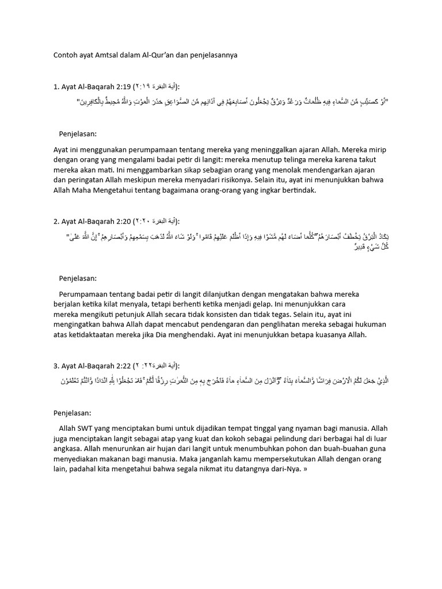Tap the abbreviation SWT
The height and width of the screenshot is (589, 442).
coord(93,429)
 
